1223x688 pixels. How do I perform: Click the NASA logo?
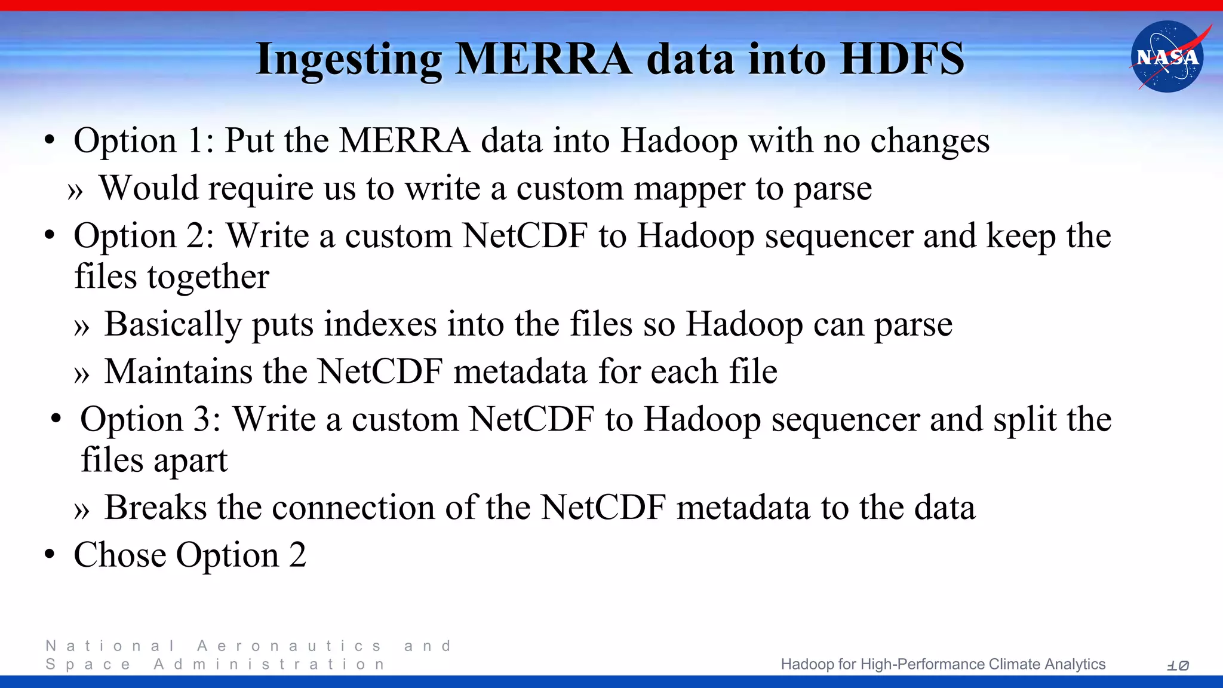(x=1167, y=57)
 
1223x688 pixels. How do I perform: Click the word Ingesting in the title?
(x=349, y=60)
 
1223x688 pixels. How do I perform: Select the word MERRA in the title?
(x=543, y=59)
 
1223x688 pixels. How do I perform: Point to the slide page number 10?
(x=1178, y=665)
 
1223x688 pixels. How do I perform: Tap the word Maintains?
(x=178, y=371)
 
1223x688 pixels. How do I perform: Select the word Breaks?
(x=155, y=508)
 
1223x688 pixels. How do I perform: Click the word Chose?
(x=119, y=555)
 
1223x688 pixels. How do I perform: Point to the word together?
(x=208, y=278)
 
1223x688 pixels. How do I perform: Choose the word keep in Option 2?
(x=1021, y=236)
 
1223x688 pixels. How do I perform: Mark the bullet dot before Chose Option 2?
(x=50, y=554)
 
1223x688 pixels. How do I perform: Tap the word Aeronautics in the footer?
(x=289, y=646)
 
